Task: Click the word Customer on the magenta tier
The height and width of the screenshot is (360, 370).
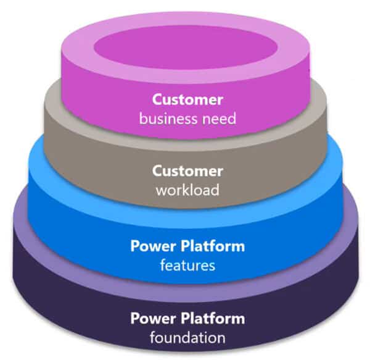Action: click(187, 99)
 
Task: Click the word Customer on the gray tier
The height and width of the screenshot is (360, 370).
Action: click(187, 171)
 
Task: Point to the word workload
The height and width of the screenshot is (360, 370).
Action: click(187, 190)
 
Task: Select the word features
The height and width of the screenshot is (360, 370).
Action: click(187, 266)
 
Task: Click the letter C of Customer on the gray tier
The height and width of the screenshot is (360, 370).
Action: click(157, 171)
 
